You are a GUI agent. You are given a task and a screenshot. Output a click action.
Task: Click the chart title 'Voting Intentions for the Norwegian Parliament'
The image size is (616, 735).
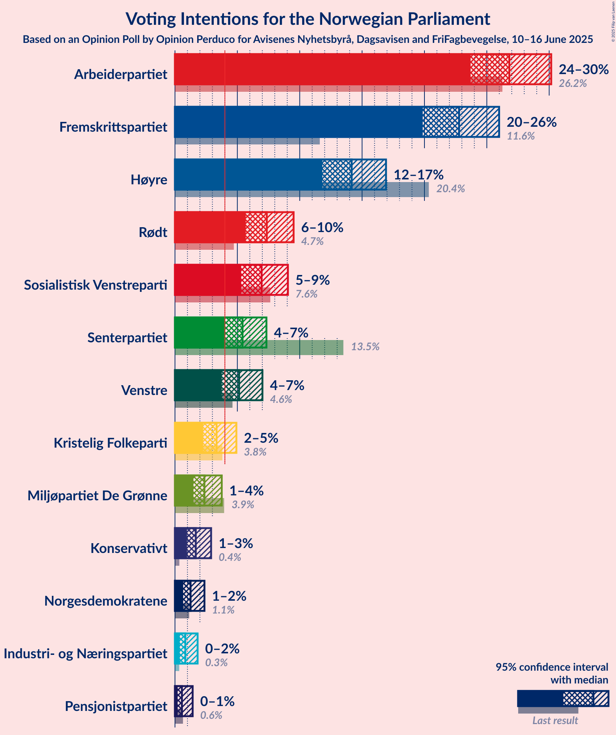point(307,19)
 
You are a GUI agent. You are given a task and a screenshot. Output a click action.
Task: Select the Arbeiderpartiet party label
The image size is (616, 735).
point(120,74)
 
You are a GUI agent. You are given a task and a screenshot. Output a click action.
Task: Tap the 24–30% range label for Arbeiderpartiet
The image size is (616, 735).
point(583,69)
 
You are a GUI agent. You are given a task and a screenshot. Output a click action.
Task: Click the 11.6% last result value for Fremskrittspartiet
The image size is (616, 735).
point(520,136)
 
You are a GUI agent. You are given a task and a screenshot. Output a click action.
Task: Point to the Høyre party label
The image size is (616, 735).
point(149,180)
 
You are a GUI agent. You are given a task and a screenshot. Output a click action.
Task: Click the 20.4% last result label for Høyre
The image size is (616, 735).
point(450,188)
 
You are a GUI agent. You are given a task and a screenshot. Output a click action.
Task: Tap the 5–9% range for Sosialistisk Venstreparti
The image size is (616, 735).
point(312,280)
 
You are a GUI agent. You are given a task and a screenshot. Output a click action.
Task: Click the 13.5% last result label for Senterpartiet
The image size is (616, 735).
point(365,346)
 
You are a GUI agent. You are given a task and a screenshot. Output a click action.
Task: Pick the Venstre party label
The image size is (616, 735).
point(144,390)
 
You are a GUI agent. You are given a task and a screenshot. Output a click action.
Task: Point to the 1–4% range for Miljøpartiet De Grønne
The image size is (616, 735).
point(246,491)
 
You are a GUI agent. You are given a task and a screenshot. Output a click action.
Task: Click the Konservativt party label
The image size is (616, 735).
point(129,548)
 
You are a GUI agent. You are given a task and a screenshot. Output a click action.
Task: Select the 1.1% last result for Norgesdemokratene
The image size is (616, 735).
point(223,610)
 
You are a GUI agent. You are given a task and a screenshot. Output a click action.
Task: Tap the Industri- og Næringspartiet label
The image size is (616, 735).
point(85,654)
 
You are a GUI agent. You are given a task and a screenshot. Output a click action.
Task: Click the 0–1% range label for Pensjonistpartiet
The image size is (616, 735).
point(217,701)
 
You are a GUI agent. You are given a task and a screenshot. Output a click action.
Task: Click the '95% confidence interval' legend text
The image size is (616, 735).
point(551,667)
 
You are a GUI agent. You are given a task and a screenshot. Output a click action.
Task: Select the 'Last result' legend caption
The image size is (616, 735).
point(555,720)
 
